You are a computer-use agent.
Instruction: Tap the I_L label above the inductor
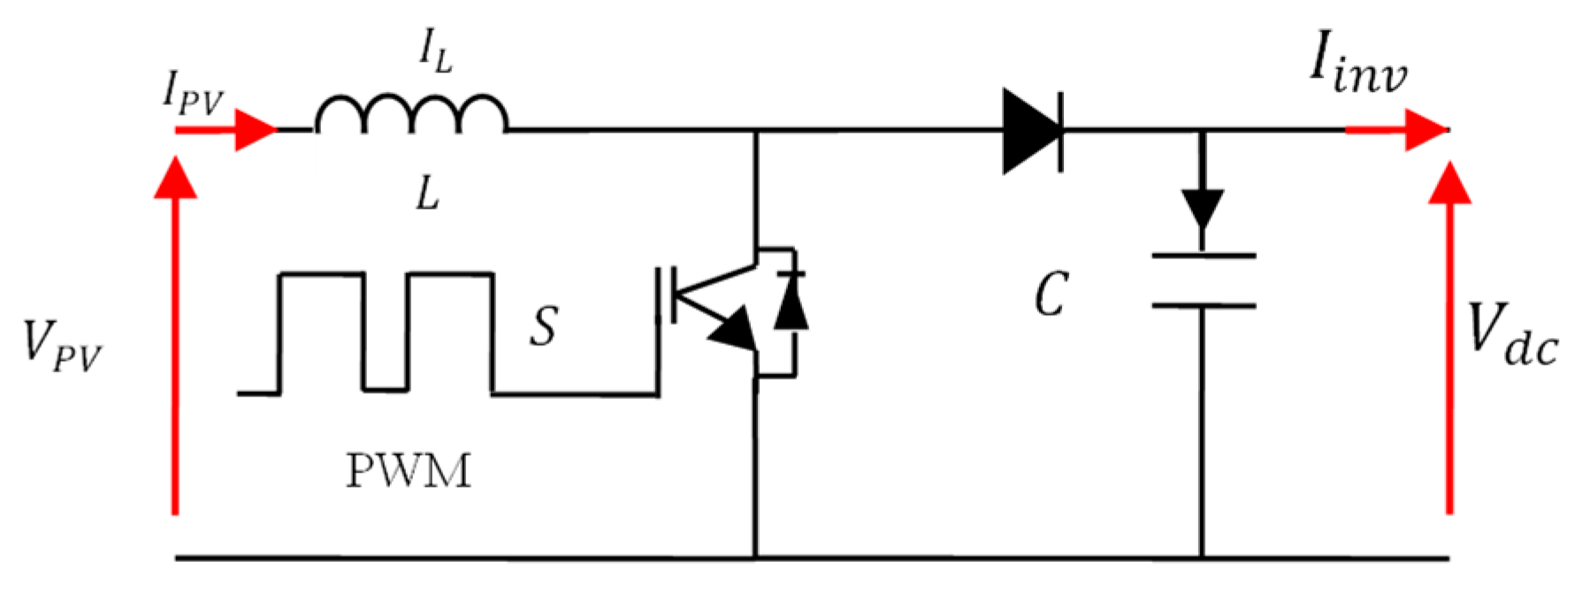coord(435,54)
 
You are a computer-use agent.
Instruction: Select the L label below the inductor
coord(427,192)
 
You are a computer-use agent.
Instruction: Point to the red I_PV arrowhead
coord(256,130)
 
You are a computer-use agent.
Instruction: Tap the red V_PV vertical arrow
coord(175,336)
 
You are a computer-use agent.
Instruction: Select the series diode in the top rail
coord(1033,130)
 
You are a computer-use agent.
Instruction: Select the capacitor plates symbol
coord(1202,280)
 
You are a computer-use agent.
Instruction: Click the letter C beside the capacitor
coord(1051,295)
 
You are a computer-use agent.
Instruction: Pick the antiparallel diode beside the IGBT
coord(791,305)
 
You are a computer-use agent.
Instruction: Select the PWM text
coord(408,470)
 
